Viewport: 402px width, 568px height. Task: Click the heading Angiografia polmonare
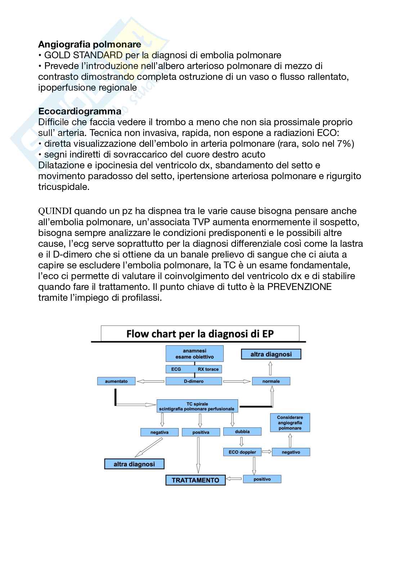click(89, 44)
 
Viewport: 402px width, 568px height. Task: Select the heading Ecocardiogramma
click(80, 111)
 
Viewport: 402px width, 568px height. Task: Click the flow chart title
click(200, 334)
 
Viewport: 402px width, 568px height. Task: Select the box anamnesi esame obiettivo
click(195, 354)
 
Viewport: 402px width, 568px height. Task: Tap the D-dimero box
click(194, 381)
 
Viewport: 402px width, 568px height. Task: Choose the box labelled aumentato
click(116, 381)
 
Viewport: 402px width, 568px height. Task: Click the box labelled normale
click(271, 381)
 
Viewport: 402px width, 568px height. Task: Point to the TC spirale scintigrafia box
click(197, 406)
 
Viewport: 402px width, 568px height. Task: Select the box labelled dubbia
click(242, 431)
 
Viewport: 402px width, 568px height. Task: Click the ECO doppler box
click(242, 452)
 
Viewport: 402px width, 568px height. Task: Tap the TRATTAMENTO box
click(195, 480)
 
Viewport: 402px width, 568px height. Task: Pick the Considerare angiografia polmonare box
click(290, 423)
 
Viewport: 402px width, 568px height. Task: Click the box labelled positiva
click(201, 432)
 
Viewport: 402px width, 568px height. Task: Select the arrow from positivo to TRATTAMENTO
click(234, 479)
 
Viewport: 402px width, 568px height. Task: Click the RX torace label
click(208, 369)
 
